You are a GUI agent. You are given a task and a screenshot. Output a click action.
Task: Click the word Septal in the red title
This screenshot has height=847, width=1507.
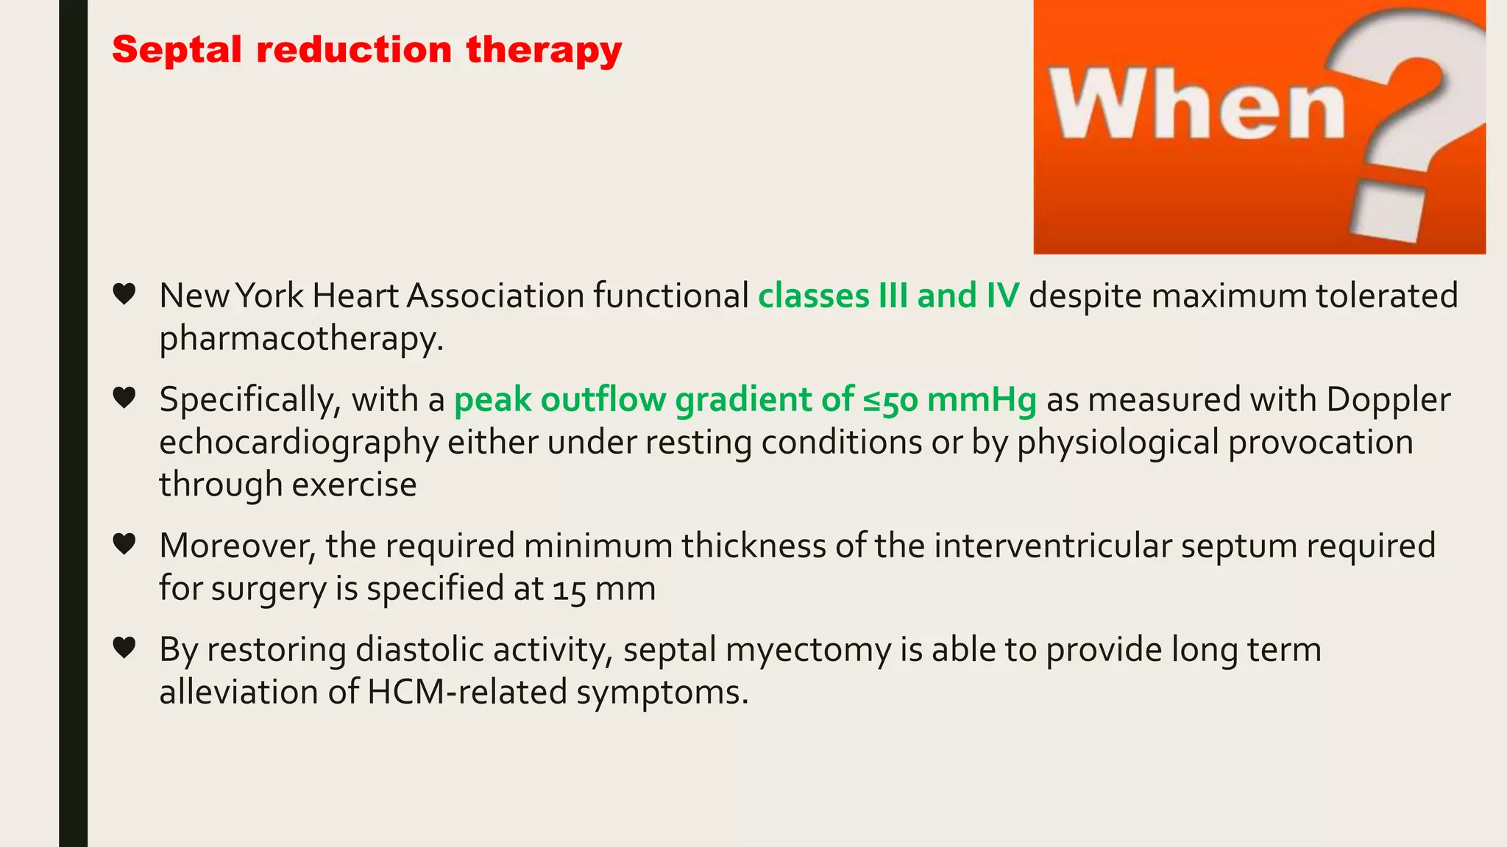coord(177,51)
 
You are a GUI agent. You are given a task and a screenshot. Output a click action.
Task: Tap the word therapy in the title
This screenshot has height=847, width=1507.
coord(544,51)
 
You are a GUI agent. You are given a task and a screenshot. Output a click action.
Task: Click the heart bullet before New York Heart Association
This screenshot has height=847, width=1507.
coord(124,294)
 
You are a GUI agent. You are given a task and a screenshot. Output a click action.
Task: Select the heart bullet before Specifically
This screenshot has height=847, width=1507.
coord(124,398)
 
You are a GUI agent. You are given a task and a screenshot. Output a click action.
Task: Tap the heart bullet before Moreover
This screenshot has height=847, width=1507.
coord(124,544)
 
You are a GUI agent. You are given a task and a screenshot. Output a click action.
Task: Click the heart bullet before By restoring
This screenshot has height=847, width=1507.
coord(124,648)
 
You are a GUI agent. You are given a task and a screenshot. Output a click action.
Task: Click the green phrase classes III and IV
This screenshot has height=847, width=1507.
coord(888,296)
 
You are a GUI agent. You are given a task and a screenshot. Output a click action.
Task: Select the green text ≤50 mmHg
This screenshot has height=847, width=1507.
coord(949,400)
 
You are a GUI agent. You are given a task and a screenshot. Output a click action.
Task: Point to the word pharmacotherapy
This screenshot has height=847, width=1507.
coord(301,339)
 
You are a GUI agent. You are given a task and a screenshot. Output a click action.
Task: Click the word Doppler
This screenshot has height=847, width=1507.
coord(1388,400)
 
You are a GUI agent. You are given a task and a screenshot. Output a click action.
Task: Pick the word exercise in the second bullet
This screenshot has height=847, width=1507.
coord(354,485)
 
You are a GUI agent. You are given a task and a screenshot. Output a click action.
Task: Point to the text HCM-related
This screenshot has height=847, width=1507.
coord(467,693)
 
